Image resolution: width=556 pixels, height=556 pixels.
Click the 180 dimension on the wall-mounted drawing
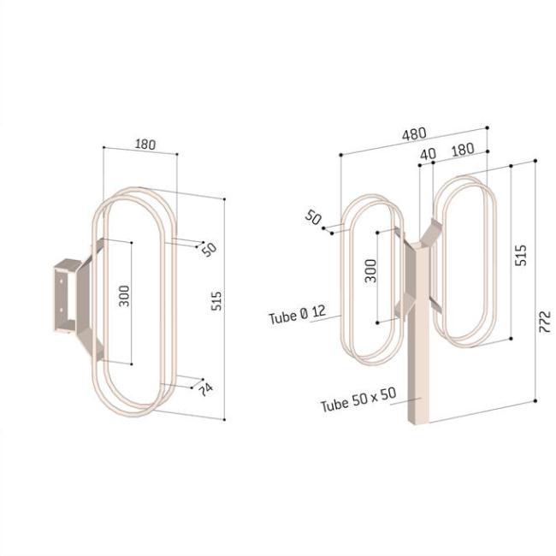pyautogui.click(x=145, y=145)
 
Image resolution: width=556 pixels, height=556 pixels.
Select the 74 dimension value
pyautogui.click(x=205, y=389)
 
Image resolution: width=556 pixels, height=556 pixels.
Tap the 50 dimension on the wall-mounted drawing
pyautogui.click(x=208, y=249)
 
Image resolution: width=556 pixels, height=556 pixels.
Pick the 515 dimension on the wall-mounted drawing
pyautogui.click(x=216, y=301)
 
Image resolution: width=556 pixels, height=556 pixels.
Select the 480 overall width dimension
pyautogui.click(x=414, y=134)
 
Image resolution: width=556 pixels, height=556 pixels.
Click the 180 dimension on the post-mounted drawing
pyautogui.click(x=462, y=149)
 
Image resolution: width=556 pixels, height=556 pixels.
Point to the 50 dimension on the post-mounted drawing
pyautogui.click(x=314, y=217)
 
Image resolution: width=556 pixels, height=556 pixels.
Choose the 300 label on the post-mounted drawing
pyautogui.click(x=370, y=272)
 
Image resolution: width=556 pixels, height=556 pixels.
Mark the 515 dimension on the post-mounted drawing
pyautogui.click(x=522, y=255)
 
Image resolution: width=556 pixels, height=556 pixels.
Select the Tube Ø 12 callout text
pyautogui.click(x=297, y=316)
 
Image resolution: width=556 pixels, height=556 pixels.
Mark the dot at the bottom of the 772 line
pyautogui.click(x=534, y=399)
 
